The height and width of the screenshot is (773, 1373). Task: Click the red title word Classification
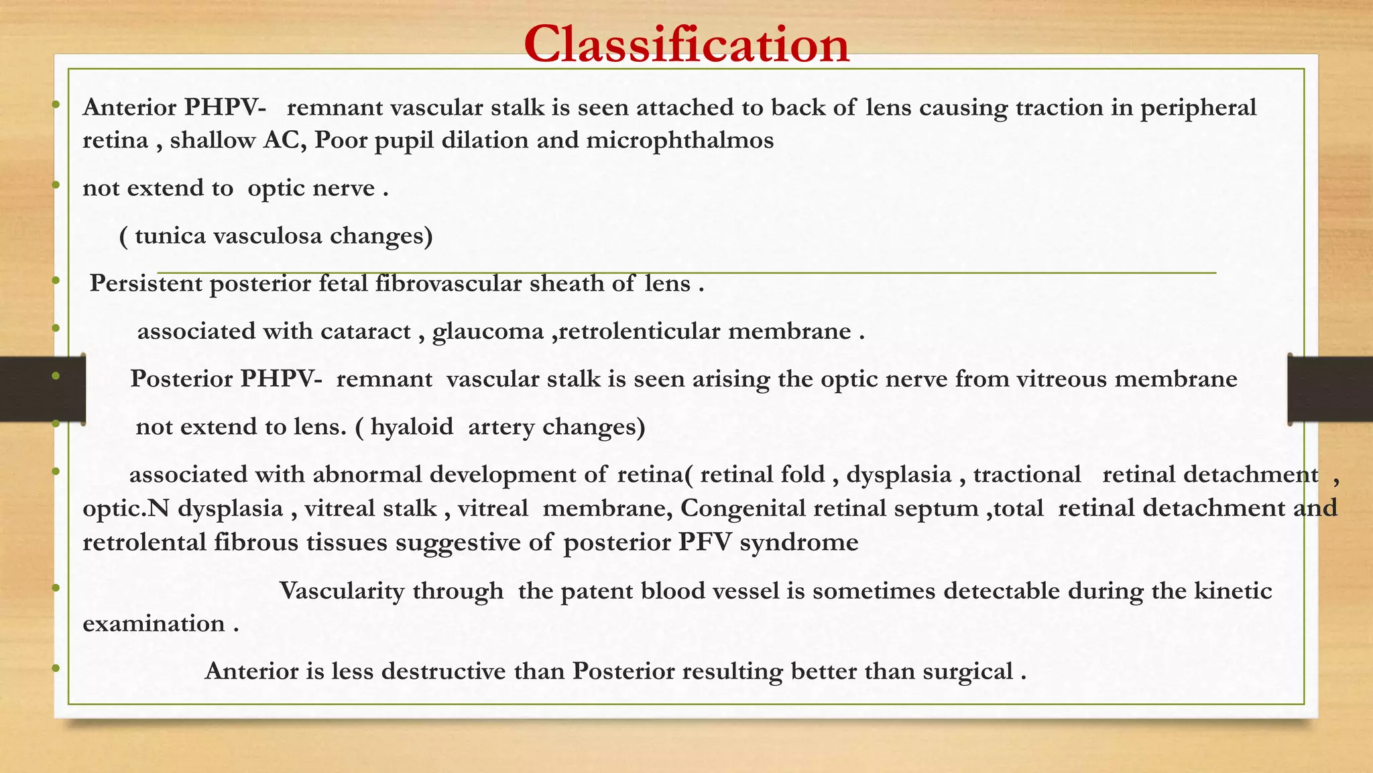click(x=686, y=44)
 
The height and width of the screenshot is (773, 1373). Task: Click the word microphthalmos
click(x=680, y=140)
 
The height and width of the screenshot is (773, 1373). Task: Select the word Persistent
click(x=146, y=284)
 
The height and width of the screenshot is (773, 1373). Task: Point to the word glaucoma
click(x=488, y=331)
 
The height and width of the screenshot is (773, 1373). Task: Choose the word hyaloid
click(x=412, y=427)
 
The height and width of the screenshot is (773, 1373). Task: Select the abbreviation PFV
click(x=705, y=542)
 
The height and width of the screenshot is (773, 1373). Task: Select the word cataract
click(x=365, y=331)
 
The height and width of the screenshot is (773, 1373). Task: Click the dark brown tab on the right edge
click(x=1330, y=389)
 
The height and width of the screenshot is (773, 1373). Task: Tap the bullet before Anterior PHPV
click(x=56, y=104)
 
